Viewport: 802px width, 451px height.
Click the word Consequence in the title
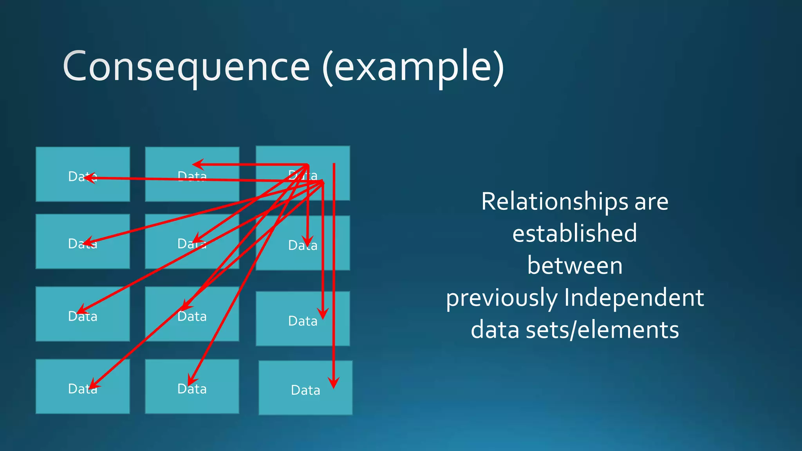click(x=186, y=67)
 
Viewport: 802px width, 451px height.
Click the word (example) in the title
click(x=414, y=67)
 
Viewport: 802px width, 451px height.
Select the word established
click(x=574, y=233)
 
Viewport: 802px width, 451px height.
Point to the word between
click(x=574, y=265)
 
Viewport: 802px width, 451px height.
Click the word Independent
click(x=634, y=298)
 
